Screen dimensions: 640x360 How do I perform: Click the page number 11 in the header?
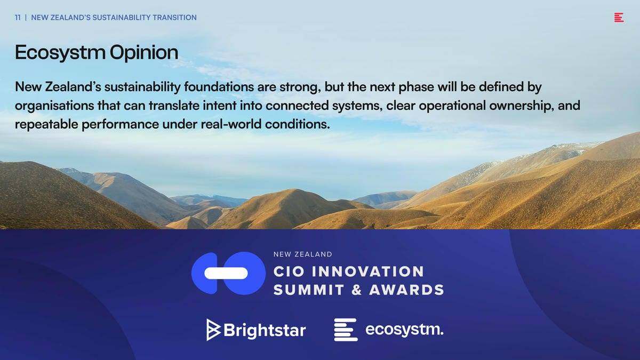(x=18, y=18)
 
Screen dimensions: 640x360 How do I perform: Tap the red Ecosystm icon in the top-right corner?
(x=619, y=18)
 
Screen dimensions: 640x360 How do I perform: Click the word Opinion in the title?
(x=144, y=53)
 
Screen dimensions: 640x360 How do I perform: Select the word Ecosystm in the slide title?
(x=60, y=53)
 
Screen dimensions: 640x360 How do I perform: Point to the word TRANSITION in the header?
(x=174, y=18)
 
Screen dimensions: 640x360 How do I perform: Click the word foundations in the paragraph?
(x=219, y=87)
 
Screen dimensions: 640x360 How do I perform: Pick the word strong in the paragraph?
(x=299, y=87)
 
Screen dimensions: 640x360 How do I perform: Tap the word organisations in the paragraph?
(x=54, y=106)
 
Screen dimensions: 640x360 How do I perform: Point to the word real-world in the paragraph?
(x=231, y=124)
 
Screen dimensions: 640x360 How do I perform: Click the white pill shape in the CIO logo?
(x=226, y=274)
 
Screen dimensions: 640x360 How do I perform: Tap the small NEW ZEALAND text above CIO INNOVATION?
(x=303, y=254)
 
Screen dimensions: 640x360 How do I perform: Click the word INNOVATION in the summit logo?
(x=367, y=271)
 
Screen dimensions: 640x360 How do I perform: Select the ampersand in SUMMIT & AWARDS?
(x=357, y=290)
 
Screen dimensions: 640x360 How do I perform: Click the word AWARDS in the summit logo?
(x=406, y=290)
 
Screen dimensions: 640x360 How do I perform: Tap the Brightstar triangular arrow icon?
(x=213, y=330)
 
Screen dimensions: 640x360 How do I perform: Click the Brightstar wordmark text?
(x=265, y=330)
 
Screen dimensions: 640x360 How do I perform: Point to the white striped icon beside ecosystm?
(x=346, y=330)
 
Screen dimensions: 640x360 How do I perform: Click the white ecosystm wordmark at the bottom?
(x=405, y=330)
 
